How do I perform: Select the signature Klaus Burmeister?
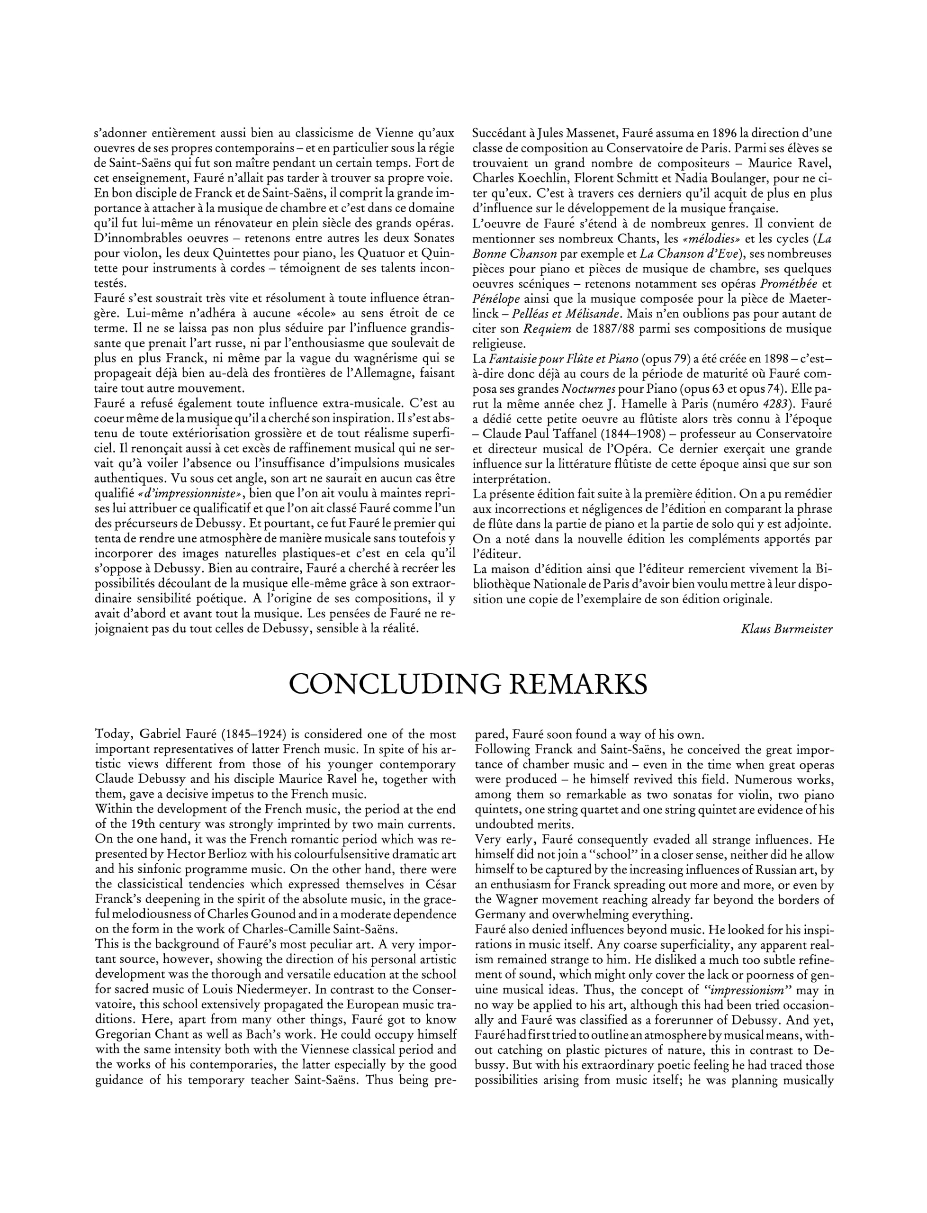click(786, 630)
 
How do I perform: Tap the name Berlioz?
click(215, 855)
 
